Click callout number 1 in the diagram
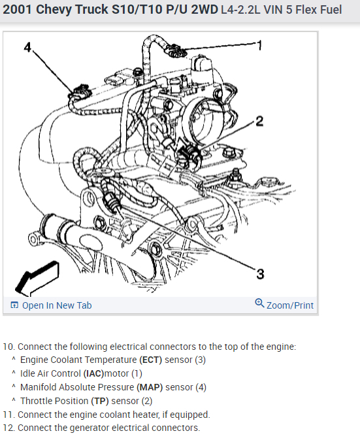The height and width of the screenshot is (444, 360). point(259,45)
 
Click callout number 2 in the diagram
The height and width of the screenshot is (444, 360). point(259,121)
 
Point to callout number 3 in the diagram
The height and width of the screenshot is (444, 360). point(260,274)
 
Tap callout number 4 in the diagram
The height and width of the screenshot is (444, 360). point(27,47)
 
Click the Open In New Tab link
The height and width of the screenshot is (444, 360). point(57,305)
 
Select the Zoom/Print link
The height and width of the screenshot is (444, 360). point(290,305)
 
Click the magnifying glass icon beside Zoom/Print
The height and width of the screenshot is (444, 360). point(259,303)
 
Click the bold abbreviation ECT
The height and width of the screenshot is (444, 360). point(150,360)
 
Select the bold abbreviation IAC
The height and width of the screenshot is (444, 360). point(93,373)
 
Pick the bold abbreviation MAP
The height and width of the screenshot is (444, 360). point(150,387)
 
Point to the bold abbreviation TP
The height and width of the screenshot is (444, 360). point(100,401)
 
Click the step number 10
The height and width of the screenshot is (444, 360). point(8,347)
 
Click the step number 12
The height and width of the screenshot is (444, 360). point(8,428)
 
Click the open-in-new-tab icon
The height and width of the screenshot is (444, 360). point(14,305)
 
